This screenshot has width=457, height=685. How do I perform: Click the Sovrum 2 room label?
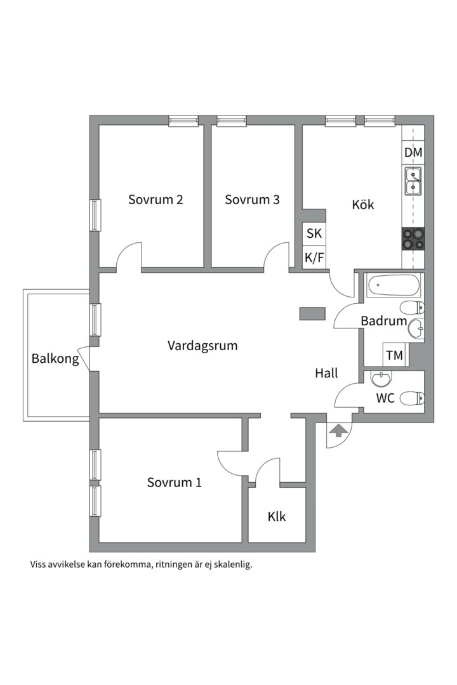156,200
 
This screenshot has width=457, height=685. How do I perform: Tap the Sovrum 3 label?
252,200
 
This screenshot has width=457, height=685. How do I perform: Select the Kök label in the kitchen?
363,204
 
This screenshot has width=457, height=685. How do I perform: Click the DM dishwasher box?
413,152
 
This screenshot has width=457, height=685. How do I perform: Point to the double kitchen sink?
413,181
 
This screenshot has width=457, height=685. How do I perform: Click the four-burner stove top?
413,239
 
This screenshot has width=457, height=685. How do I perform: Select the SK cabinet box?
314,233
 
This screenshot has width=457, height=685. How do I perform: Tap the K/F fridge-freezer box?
314,258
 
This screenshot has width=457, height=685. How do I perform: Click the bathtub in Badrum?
394,285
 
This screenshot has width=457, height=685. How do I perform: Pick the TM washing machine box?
395,355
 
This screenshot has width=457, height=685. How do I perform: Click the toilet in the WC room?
413,398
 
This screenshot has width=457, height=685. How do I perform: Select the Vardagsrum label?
202,346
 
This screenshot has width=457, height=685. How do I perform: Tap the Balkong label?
55,358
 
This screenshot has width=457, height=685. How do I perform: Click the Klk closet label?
277,516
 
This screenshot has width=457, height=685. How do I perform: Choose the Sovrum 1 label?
174,482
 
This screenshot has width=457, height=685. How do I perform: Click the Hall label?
327,373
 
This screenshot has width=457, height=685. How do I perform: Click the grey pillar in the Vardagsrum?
312,314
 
